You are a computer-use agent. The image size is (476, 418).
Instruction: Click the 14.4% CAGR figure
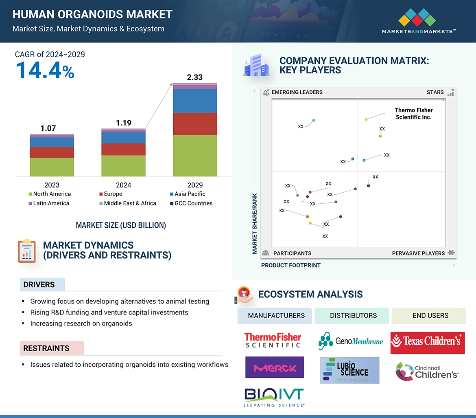(x=45, y=70)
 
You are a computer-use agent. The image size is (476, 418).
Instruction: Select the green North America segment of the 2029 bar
(x=195, y=156)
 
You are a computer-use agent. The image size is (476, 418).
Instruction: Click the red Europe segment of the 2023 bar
(x=52, y=152)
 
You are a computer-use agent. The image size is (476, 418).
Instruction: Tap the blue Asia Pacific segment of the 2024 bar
(x=123, y=138)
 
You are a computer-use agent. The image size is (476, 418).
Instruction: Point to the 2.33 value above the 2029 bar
(x=194, y=77)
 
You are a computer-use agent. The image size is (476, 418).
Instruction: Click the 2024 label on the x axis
(x=123, y=185)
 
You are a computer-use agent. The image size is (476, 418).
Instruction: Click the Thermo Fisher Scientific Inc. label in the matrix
(x=414, y=114)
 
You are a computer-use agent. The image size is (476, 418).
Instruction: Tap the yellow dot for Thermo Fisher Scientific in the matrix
(x=366, y=119)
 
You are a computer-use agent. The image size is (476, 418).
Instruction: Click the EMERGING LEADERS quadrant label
(x=297, y=92)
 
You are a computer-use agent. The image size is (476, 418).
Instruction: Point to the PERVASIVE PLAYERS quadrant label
(x=418, y=253)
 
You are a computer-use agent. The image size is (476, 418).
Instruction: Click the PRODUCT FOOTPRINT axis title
(x=290, y=265)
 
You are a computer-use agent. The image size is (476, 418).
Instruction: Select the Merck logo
(x=275, y=367)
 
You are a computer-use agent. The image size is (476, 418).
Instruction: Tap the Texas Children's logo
(x=428, y=342)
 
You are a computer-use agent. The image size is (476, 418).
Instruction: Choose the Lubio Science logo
(x=349, y=370)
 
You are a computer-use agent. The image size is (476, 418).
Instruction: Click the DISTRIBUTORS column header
(x=353, y=316)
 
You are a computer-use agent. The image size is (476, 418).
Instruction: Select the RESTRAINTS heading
(x=46, y=348)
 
